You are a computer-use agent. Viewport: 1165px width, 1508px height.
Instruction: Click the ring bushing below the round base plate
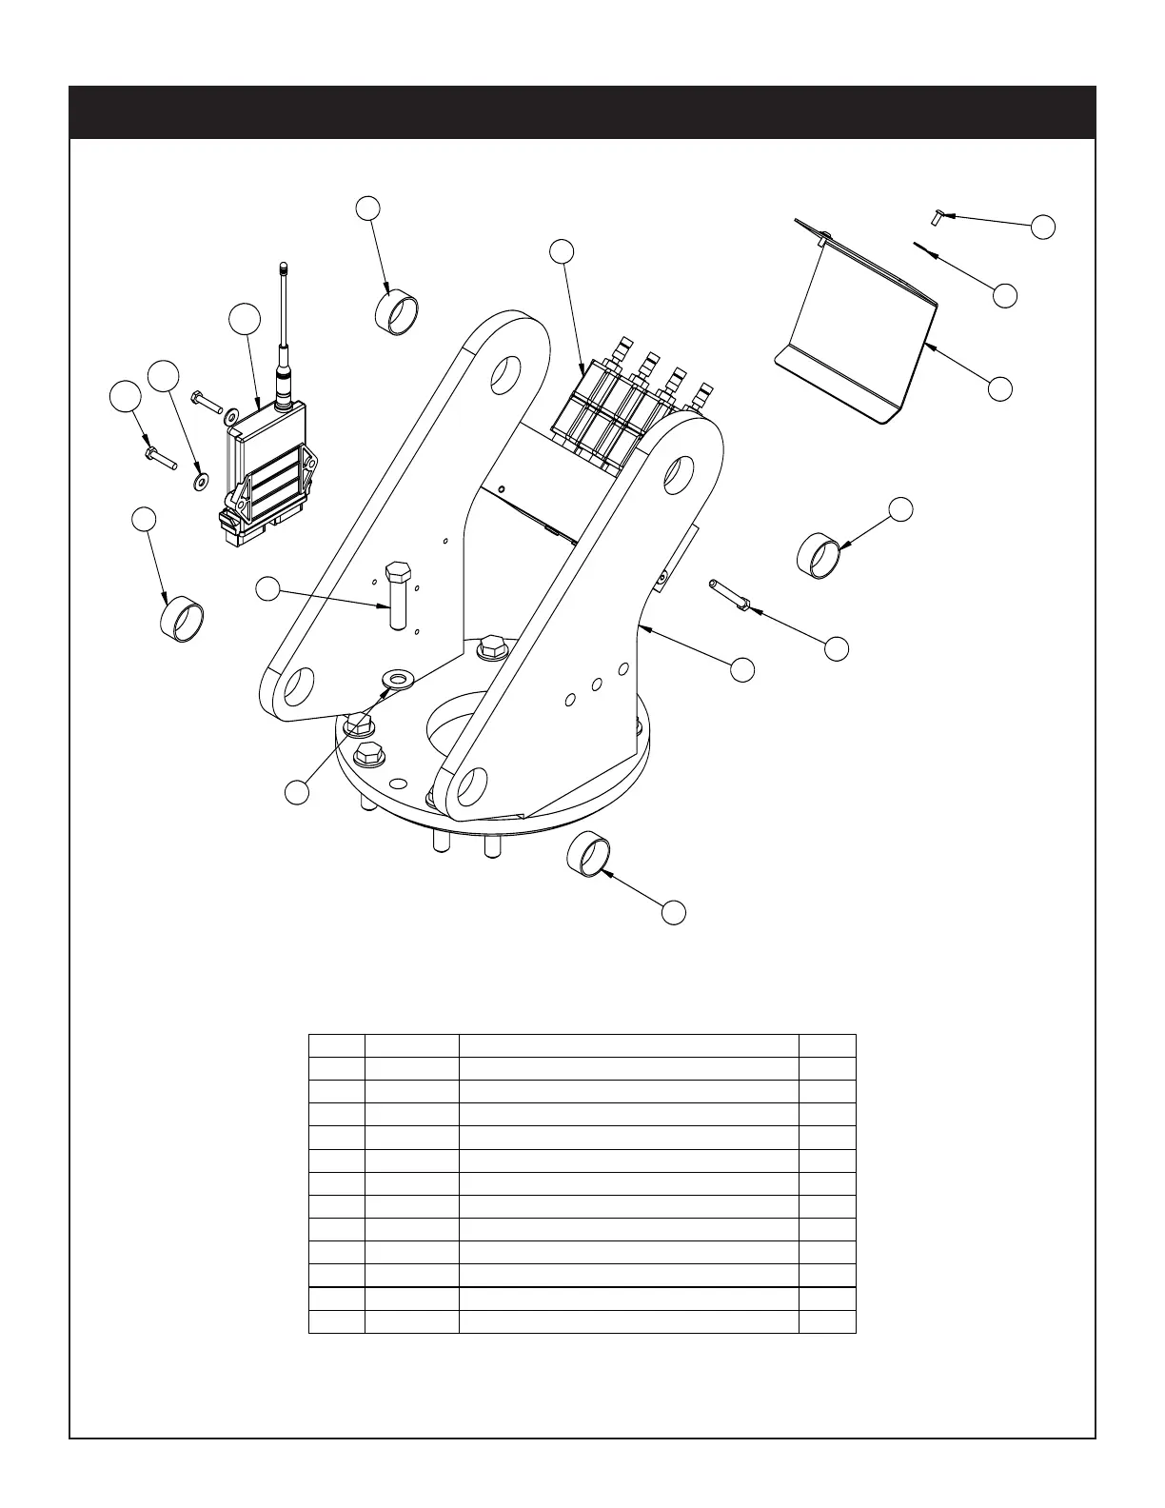588,852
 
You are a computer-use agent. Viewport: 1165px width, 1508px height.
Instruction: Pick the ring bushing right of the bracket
819,555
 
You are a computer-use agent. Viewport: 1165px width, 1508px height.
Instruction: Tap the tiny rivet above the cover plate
937,217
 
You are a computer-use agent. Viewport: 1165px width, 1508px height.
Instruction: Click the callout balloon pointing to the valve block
562,250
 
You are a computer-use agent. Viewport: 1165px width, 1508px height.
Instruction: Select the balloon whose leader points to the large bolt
268,590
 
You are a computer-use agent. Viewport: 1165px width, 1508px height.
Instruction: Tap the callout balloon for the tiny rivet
1043,227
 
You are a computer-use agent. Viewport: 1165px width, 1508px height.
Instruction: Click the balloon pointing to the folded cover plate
999,388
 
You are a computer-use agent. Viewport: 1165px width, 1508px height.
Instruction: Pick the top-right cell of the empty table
827,1045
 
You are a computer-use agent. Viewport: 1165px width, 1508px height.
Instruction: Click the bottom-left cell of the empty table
337,1321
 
